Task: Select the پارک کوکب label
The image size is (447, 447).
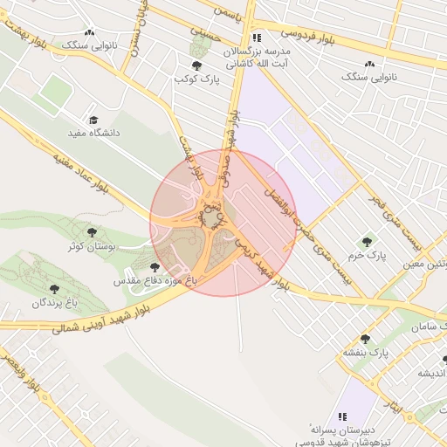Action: coord(195,79)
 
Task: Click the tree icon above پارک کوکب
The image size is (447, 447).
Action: coord(196,65)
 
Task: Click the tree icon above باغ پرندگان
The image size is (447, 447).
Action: coord(55,287)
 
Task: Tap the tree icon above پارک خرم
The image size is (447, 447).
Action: coord(367,241)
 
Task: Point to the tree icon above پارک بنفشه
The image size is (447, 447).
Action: coord(365,339)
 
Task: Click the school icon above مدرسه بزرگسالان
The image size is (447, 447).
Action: coord(257,38)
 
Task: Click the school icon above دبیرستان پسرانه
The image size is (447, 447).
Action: coord(343,416)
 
